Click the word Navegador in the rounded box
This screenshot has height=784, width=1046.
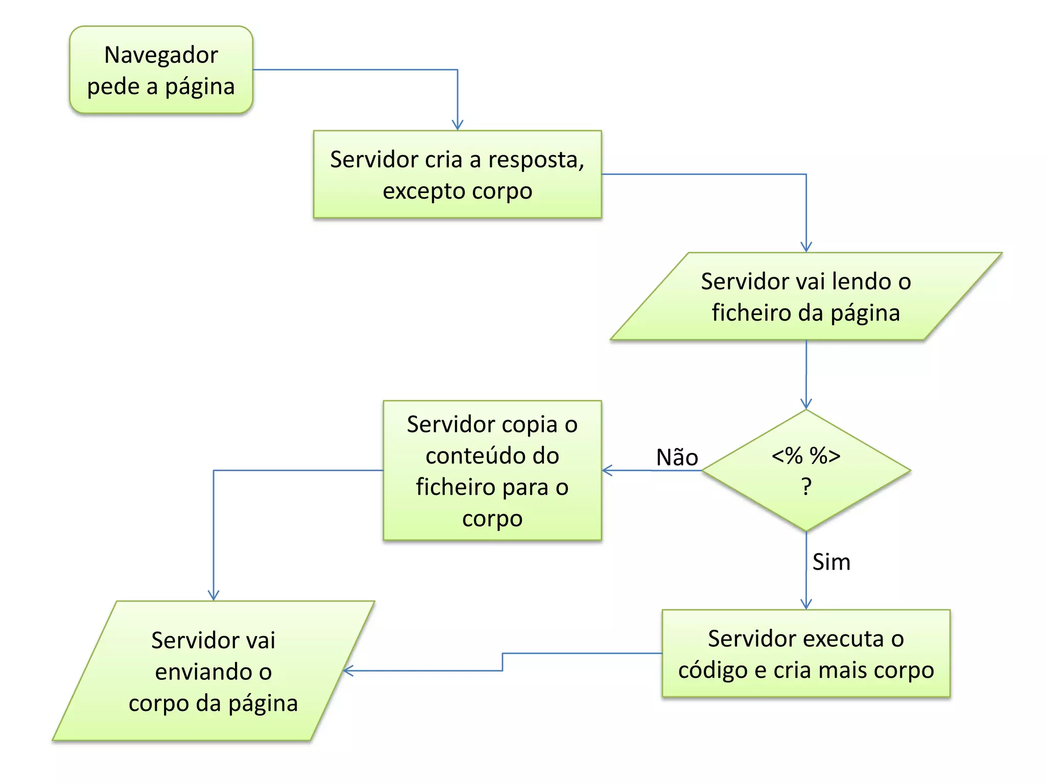click(x=161, y=55)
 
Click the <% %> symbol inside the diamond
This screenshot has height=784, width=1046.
click(x=806, y=455)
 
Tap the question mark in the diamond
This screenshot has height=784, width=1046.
click(x=806, y=487)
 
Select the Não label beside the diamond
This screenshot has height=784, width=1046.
click(x=677, y=457)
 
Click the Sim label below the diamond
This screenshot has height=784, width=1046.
click(x=831, y=562)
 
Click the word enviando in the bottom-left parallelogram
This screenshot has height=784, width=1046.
click(x=213, y=672)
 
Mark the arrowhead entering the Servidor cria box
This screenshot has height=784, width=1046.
click(x=458, y=126)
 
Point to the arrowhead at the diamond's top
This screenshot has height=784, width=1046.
click(x=806, y=404)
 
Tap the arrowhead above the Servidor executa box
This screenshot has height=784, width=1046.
click(x=806, y=605)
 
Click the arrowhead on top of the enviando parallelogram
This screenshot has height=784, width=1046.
click(x=213, y=596)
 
